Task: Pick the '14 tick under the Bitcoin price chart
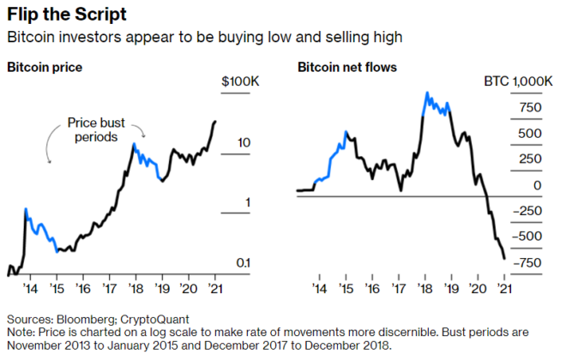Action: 29,290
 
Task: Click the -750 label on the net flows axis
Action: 527,263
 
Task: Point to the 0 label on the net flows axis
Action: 537,185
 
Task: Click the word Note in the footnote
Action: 20,331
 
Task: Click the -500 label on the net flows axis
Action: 527,237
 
